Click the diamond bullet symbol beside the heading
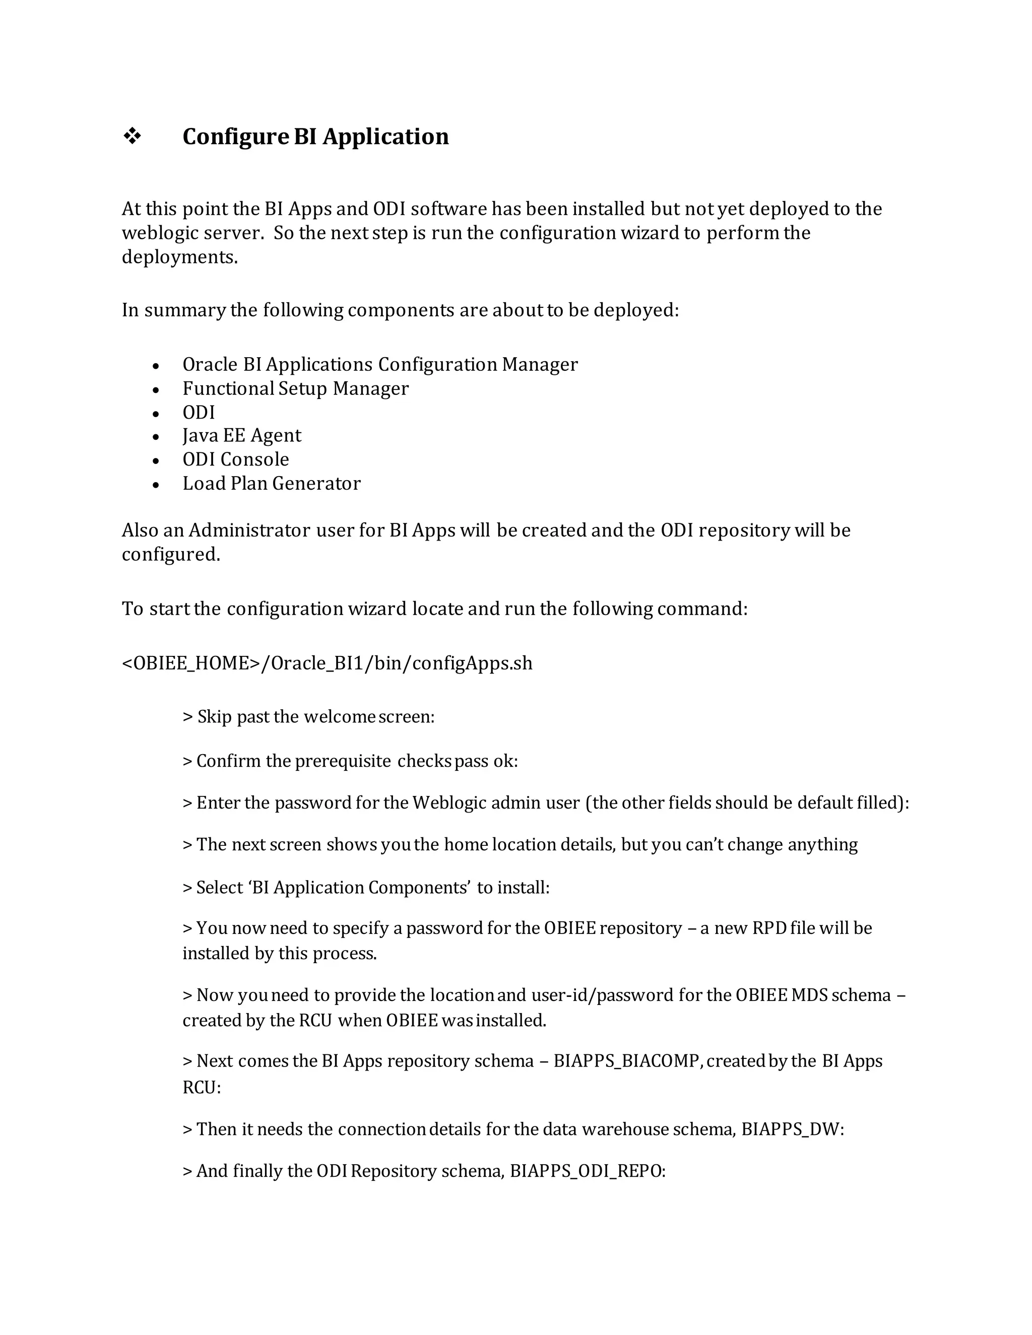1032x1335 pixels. (x=132, y=137)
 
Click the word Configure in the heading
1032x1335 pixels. (x=235, y=137)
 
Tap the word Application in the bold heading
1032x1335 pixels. (x=386, y=137)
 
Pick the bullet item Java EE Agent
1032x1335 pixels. (x=241, y=435)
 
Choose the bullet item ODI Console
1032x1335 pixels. (x=235, y=459)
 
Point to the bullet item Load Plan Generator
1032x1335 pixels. (x=272, y=484)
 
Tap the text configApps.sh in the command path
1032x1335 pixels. (x=473, y=663)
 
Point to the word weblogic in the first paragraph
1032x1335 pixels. (x=156, y=233)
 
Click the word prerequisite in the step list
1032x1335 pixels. (x=343, y=761)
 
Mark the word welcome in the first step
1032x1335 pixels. (x=339, y=716)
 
